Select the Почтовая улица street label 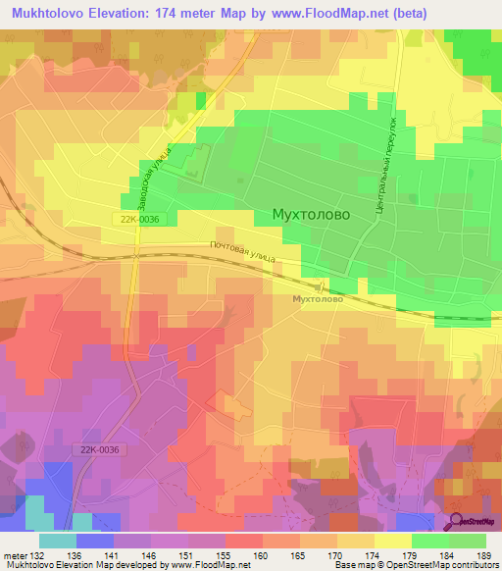pyautogui.click(x=241, y=252)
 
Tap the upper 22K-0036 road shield pyautogui.click(x=134, y=222)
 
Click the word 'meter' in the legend pyautogui.click(x=14, y=554)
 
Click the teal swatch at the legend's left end pyautogui.click(x=57, y=541)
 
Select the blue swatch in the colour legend pyautogui.click(x=95, y=541)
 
